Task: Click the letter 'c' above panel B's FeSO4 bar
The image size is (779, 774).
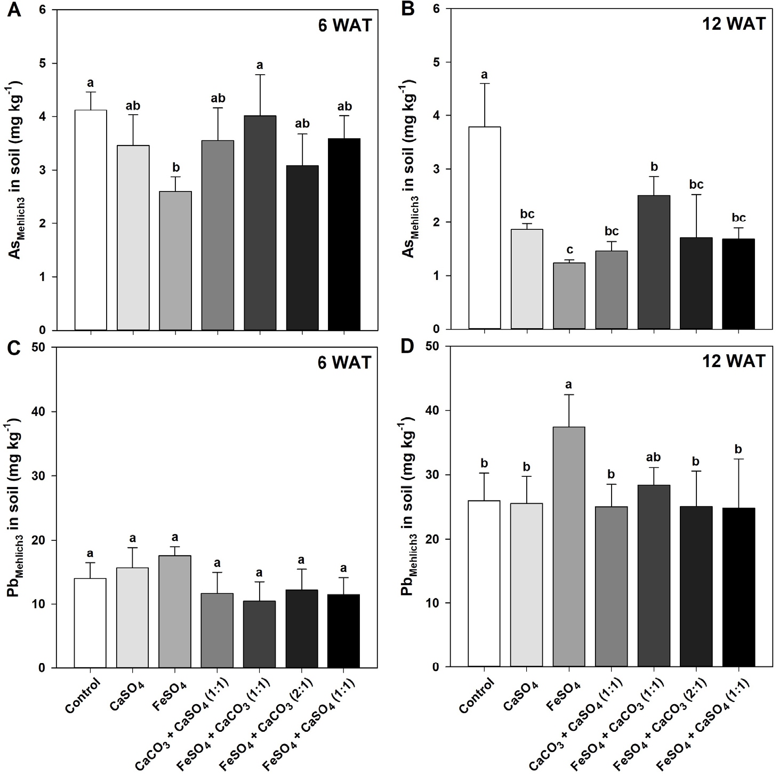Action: (x=569, y=249)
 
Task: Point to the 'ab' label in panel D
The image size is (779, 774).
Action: (x=653, y=457)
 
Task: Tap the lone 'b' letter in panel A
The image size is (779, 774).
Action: (x=176, y=167)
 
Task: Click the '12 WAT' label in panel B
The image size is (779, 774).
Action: (x=733, y=24)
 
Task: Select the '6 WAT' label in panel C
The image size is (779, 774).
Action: (x=344, y=363)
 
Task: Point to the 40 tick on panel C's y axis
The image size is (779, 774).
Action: (x=55, y=412)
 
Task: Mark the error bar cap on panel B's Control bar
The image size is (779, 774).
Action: (x=484, y=84)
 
